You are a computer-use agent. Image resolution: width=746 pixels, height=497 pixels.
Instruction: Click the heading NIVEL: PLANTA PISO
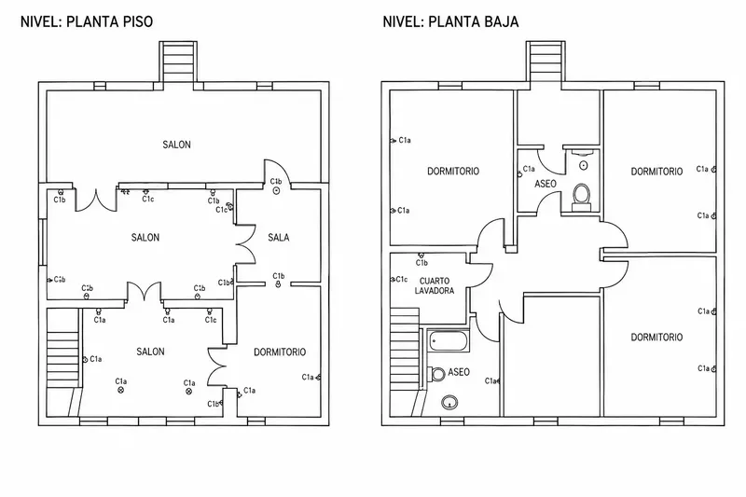87,21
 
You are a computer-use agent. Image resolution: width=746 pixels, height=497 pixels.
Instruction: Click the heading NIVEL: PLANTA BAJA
450,21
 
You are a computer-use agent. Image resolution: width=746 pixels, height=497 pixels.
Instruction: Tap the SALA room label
278,238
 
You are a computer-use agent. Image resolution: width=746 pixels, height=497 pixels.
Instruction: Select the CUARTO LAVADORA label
434,286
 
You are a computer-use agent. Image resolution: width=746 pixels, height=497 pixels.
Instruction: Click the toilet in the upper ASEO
581,196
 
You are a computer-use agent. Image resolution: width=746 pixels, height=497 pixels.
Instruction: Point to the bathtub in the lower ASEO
449,340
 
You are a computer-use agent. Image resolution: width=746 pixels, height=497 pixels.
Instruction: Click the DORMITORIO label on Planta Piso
280,352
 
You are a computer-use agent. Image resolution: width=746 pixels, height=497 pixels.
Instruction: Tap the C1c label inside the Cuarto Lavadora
402,279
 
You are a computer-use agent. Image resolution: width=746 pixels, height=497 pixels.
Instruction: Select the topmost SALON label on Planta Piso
176,145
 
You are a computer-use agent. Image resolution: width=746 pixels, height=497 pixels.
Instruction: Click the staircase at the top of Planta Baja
546,61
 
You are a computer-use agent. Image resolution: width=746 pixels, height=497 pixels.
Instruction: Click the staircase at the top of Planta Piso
178,61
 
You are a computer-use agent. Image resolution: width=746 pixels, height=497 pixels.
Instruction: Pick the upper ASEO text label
546,184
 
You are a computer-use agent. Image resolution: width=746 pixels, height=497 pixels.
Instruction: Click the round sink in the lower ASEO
449,403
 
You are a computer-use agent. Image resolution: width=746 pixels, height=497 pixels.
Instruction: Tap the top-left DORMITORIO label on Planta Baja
453,172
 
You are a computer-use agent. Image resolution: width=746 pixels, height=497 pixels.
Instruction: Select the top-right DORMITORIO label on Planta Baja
656,172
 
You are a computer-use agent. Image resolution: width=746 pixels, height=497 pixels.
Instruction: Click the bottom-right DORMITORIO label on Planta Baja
656,338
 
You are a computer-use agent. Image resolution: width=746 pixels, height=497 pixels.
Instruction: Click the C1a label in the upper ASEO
529,169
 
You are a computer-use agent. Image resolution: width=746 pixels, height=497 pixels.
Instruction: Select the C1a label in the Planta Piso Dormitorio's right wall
308,377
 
